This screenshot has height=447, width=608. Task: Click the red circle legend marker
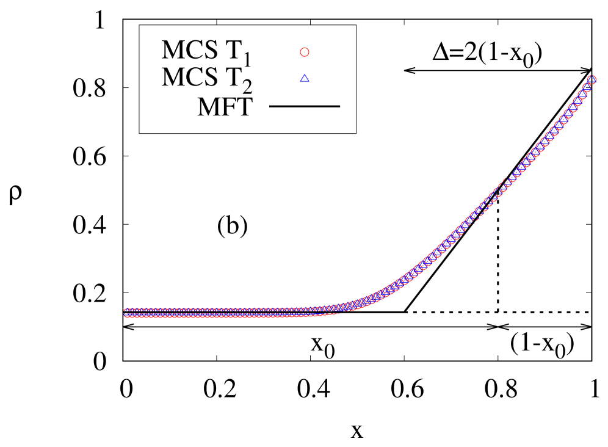pyautogui.click(x=305, y=53)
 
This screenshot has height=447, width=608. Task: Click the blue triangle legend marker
pyautogui.click(x=305, y=78)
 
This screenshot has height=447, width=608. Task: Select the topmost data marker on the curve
pyautogui.click(x=592, y=79)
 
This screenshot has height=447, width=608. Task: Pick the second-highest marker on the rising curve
pyautogui.click(x=587, y=87)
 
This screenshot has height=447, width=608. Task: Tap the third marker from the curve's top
pyautogui.click(x=582, y=95)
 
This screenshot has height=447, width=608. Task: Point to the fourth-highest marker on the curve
pyautogui.click(x=577, y=101)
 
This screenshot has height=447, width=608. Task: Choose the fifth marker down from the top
pyautogui.click(x=573, y=108)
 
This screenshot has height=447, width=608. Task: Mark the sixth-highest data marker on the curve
pyautogui.click(x=568, y=114)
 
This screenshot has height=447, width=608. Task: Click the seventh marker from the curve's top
pyautogui.click(x=563, y=120)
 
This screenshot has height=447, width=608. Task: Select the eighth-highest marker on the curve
pyautogui.click(x=559, y=126)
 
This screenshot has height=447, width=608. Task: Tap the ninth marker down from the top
pyautogui.click(x=555, y=131)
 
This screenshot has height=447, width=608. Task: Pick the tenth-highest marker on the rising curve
pyautogui.click(x=550, y=137)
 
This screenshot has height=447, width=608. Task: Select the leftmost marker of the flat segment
pyautogui.click(x=127, y=313)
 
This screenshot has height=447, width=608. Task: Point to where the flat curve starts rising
pyautogui.click(x=342, y=308)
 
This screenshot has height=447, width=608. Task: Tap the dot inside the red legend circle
pyautogui.click(x=305, y=53)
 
